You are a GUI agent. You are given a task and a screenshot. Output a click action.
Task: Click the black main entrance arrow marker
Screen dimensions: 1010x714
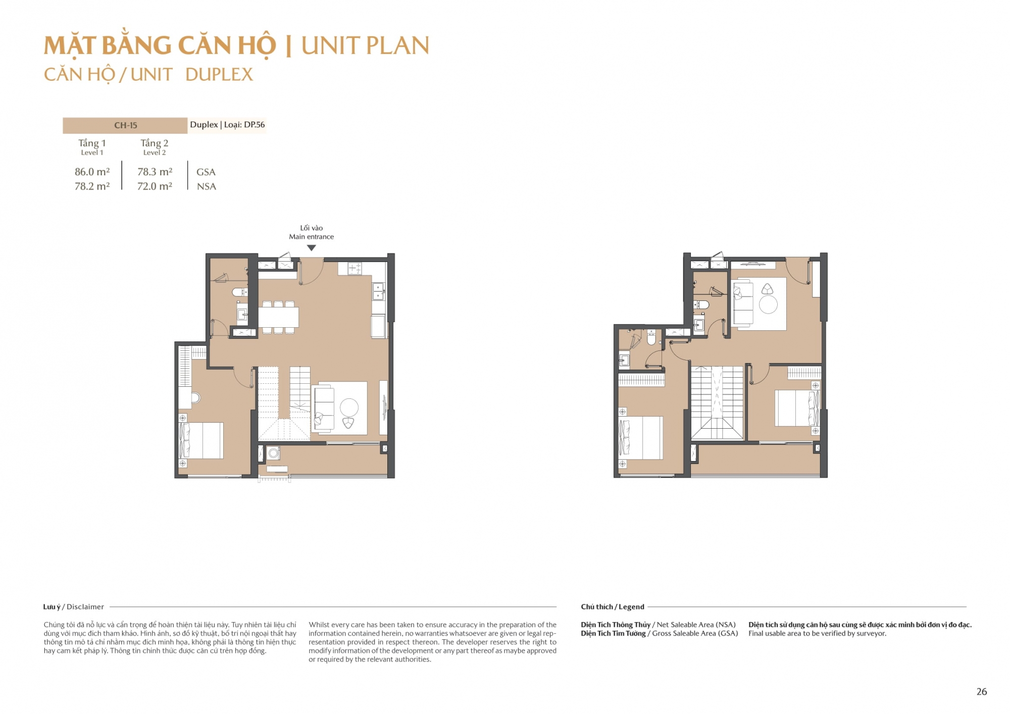tap(312, 248)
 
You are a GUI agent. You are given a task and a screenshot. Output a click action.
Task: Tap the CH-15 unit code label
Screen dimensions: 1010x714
tap(125, 125)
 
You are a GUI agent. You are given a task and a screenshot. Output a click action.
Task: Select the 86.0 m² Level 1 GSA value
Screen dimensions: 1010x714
tap(92, 172)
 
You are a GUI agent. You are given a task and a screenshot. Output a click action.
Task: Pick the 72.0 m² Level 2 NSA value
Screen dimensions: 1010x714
tap(155, 186)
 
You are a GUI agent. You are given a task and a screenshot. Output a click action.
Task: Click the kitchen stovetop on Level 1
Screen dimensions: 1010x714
tap(355, 268)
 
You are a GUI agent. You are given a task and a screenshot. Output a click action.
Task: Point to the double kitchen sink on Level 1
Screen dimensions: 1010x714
tap(378, 291)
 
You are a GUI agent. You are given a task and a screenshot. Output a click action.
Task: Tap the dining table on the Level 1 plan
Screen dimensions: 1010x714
tap(278, 317)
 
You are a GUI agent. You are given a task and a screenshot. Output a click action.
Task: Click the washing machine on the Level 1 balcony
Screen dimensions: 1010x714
tap(274, 453)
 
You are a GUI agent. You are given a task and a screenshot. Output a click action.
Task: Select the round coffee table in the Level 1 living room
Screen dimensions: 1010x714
tap(349, 407)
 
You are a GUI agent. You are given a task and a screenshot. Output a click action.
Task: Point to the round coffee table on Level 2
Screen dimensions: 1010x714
tap(768, 304)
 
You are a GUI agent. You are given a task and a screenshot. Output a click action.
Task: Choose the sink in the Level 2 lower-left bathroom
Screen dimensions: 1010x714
tap(625, 360)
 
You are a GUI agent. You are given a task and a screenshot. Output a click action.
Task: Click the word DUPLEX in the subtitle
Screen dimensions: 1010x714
tap(219, 75)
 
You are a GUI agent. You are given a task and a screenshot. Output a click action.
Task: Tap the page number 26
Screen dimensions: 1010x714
tap(981, 692)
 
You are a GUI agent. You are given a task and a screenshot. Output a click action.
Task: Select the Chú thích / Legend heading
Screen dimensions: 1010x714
tap(612, 606)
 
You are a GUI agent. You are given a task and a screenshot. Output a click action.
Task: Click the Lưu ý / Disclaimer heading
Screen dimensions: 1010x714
tap(74, 606)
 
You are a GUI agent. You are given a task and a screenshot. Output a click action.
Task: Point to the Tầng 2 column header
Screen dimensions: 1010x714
tap(155, 143)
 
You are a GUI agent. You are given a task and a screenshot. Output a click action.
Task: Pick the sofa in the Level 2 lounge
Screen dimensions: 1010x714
tap(743, 303)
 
